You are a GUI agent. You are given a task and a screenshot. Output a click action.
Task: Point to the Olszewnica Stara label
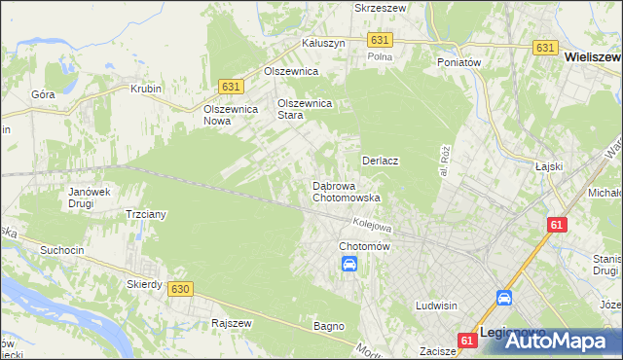[x=305, y=108]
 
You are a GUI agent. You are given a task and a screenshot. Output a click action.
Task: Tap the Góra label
[x=43, y=94]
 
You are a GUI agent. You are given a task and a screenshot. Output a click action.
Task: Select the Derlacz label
[x=382, y=161]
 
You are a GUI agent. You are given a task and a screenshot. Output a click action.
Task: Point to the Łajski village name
[x=550, y=166]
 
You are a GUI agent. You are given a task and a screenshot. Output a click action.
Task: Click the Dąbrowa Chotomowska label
[x=346, y=191]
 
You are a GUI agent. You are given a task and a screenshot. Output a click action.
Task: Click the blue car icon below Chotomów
[x=348, y=265]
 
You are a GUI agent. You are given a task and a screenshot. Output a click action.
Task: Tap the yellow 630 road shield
[x=179, y=289]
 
